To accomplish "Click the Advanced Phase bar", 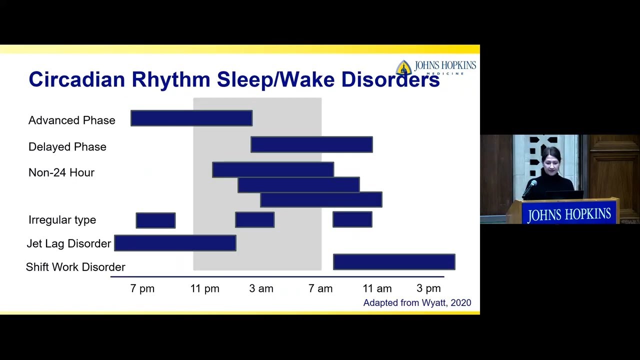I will pyautogui.click(x=191, y=118).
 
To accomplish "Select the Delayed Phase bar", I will pyautogui.click(x=311, y=144).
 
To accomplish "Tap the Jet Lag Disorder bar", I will pyautogui.click(x=175, y=243).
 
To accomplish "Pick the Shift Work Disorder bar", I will pyautogui.click(x=394, y=262).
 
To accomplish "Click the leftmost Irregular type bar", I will pyautogui.click(x=155, y=220).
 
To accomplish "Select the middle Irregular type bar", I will pyautogui.click(x=254, y=219).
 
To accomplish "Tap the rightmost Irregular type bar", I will pyautogui.click(x=352, y=219).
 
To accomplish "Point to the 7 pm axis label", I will pyautogui.click(x=142, y=288).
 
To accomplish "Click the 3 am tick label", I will pyautogui.click(x=261, y=288).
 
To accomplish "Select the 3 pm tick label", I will pyautogui.click(x=428, y=288).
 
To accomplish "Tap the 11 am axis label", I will pyautogui.click(x=377, y=288).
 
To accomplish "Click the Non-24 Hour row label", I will pyautogui.click(x=61, y=172).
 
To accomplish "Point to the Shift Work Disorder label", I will pyautogui.click(x=75, y=267).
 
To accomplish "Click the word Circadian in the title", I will pyautogui.click(x=76, y=79).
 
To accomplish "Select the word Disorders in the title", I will pyautogui.click(x=390, y=79).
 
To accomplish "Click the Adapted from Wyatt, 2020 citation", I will pyautogui.click(x=417, y=303).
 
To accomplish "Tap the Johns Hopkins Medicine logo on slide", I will pyautogui.click(x=435, y=67).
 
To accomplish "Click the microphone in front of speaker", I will pyautogui.click(x=531, y=186).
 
